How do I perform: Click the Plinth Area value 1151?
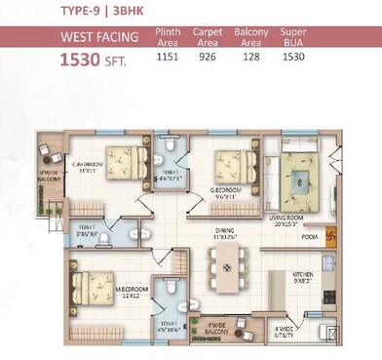[168, 57]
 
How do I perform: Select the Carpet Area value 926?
[207, 57]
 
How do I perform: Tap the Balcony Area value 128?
[249, 57]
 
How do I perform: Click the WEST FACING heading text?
[99, 38]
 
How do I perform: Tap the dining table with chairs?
[226, 267]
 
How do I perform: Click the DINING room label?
[226, 233]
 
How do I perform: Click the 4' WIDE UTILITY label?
[285, 332]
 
